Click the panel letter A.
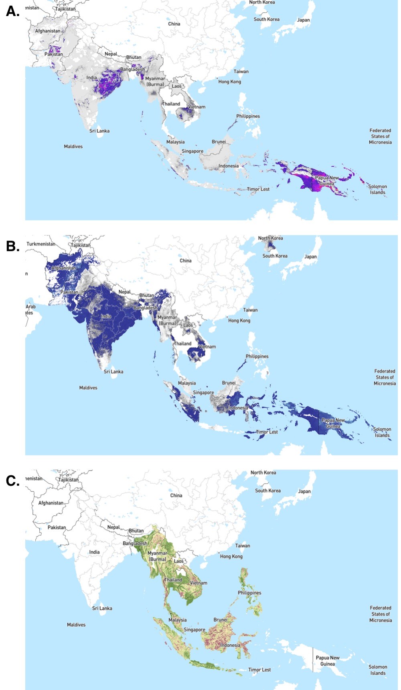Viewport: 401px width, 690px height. pyautogui.click(x=12, y=12)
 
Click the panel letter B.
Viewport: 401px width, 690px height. pyautogui.click(x=12, y=246)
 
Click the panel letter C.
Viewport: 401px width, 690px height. pyautogui.click(x=12, y=480)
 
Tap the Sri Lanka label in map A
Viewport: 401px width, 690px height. pyautogui.click(x=99, y=131)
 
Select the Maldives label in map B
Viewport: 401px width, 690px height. pyautogui.click(x=88, y=388)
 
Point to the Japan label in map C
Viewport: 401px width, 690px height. pyautogui.click(x=304, y=491)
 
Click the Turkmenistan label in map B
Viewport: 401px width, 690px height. pyautogui.click(x=41, y=244)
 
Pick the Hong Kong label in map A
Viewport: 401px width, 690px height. pyautogui.click(x=230, y=82)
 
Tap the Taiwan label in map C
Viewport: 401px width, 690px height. pyautogui.click(x=243, y=546)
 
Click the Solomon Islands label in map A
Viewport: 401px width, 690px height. pyautogui.click(x=377, y=190)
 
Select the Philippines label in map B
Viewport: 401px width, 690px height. pyautogui.click(x=257, y=356)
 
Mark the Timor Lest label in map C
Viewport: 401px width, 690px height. pyautogui.click(x=259, y=670)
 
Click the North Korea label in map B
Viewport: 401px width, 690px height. pyautogui.click(x=270, y=238)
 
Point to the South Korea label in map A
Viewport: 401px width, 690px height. pyautogui.click(x=266, y=19)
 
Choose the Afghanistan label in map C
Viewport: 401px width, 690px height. pyautogui.click(x=51, y=503)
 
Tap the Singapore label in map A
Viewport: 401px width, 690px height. pyautogui.click(x=192, y=151)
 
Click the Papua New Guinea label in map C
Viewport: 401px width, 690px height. pyautogui.click(x=328, y=661)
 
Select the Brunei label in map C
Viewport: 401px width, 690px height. pyautogui.click(x=221, y=619)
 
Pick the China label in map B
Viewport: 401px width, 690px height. pyautogui.click(x=186, y=260)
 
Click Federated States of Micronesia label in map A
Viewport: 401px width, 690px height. pyautogui.click(x=380, y=136)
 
